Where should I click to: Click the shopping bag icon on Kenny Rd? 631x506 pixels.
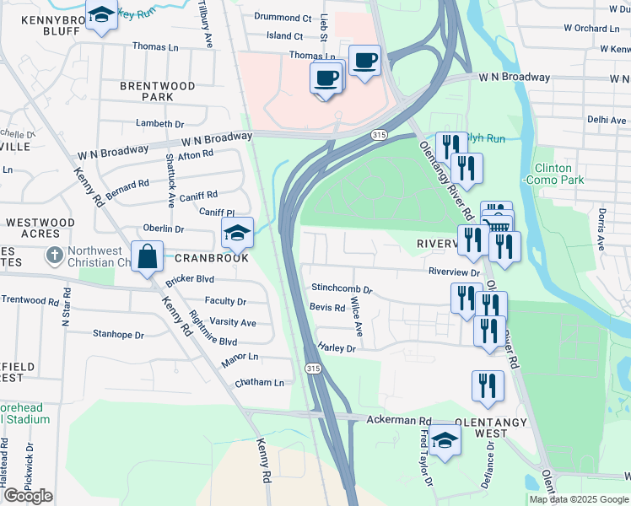coord(147,257)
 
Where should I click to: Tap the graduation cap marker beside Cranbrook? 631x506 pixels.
coord(238,232)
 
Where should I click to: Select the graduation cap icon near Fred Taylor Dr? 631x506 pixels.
coord(445,439)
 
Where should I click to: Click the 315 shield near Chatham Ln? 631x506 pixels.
coord(313,369)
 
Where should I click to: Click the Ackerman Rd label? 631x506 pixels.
coord(399,420)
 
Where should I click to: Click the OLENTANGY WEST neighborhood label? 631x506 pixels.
coord(492,427)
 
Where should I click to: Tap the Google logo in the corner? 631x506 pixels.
coord(28,496)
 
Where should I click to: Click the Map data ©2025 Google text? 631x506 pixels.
coord(578,499)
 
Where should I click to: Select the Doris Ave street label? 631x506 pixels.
coord(602,230)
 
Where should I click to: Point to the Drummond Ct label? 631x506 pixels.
coord(283,18)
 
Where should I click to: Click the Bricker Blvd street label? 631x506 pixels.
coord(191,278)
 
